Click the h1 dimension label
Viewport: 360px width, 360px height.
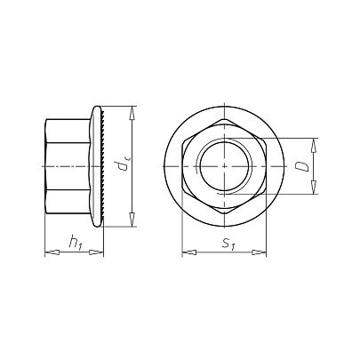(75, 242)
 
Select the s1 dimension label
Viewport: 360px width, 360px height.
(228, 244)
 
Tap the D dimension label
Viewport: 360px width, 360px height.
(303, 166)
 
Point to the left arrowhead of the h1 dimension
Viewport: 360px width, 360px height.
(52, 252)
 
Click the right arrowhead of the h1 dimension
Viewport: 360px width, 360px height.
(96, 252)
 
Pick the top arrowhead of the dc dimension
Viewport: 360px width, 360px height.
(132, 113)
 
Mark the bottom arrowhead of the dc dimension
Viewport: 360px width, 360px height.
(132, 220)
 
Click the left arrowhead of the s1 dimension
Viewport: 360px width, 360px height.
(189, 252)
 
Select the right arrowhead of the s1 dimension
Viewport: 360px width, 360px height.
(260, 252)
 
